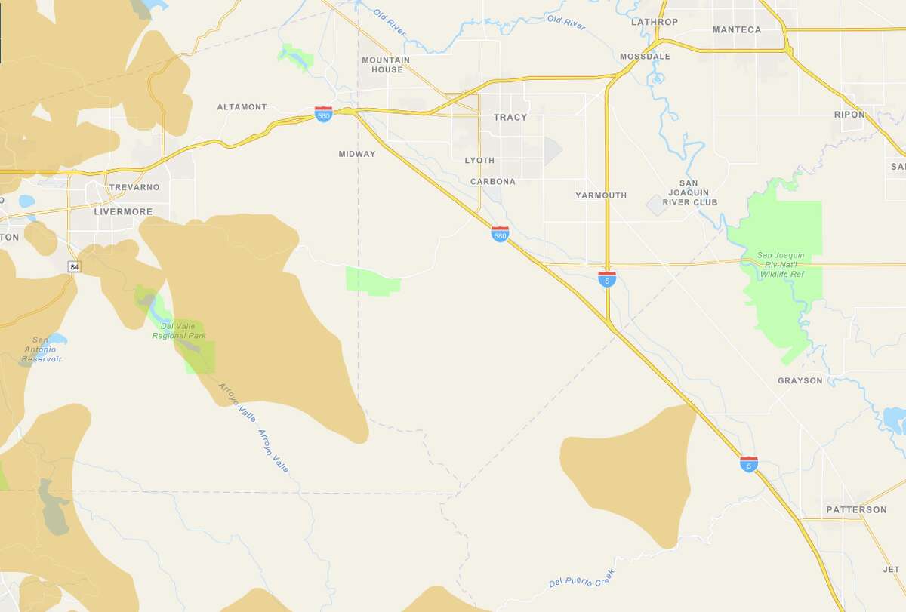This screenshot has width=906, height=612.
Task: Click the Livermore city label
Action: pyautogui.click(x=123, y=212)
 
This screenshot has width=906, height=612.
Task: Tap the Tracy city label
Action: pyautogui.click(x=510, y=118)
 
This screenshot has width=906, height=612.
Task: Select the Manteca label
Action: pyautogui.click(x=737, y=30)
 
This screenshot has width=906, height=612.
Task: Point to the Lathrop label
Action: pyautogui.click(x=655, y=22)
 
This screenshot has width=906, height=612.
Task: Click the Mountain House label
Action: pyautogui.click(x=386, y=65)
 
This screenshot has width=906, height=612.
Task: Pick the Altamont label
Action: pyautogui.click(x=242, y=107)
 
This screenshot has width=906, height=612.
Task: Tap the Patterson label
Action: pyautogui.click(x=856, y=510)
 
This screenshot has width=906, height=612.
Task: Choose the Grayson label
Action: pyautogui.click(x=800, y=381)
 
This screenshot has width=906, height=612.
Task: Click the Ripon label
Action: pyautogui.click(x=848, y=114)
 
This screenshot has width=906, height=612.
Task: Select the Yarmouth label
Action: pyautogui.click(x=601, y=195)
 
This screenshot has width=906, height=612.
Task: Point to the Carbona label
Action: pyautogui.click(x=492, y=182)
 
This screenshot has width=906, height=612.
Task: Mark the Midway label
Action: pyautogui.click(x=357, y=154)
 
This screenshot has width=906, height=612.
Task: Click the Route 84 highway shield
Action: pyautogui.click(x=73, y=267)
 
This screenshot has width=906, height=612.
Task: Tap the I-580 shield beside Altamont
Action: pyautogui.click(x=323, y=114)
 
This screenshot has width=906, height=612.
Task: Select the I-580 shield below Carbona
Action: pyautogui.click(x=500, y=234)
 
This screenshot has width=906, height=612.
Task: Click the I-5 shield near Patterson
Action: pyautogui.click(x=749, y=464)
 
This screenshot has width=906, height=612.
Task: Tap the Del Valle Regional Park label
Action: pyautogui.click(x=178, y=331)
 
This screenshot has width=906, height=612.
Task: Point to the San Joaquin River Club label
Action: pyautogui.click(x=690, y=192)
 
